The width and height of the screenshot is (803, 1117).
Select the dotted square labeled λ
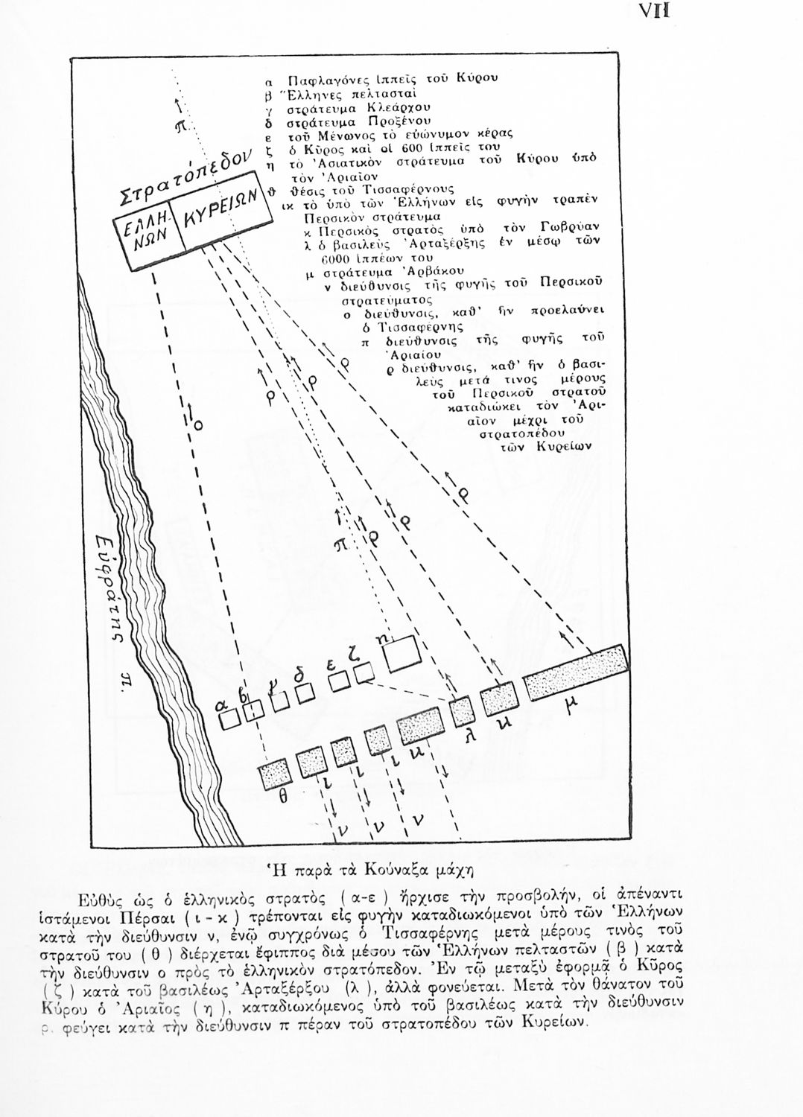coord(462,708)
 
